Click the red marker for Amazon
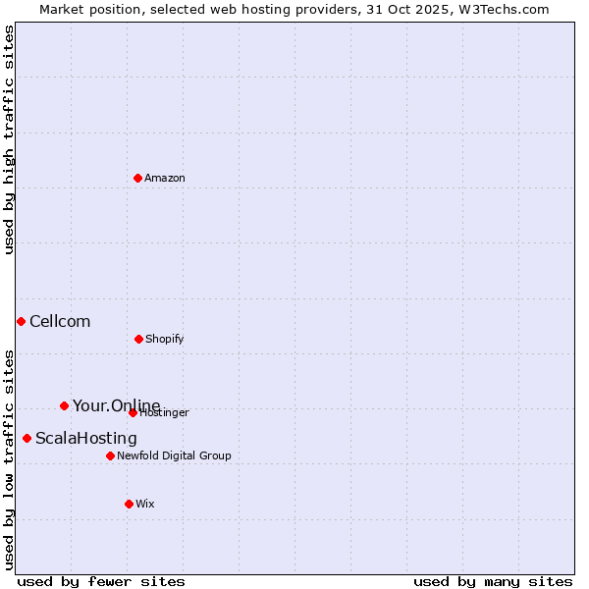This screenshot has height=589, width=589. pos(137,178)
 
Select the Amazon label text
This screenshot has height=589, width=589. pos(165,179)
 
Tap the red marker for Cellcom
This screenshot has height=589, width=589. pos(21,321)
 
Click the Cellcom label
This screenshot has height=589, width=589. pos(60,322)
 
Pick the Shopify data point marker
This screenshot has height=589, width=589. pos(138,339)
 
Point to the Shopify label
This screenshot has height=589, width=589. pos(165,340)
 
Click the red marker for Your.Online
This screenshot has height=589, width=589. pos(64,405)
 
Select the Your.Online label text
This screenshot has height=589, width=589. pos(116,406)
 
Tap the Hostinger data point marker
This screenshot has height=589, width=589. pos(133,412)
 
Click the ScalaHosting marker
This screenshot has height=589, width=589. pos(27,438)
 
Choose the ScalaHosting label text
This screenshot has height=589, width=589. pos(86,439)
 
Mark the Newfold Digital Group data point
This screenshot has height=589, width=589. pos(110,455)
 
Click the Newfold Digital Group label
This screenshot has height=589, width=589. pos(175,456)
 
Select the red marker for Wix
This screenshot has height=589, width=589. pos(129,504)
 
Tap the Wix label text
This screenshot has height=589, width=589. pos(145,505)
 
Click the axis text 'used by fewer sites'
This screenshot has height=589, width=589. pos(101,581)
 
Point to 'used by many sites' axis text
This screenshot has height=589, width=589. pos(493,581)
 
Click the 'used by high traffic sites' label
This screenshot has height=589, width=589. pos(9,139)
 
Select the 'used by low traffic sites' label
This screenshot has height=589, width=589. pos(9,459)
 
